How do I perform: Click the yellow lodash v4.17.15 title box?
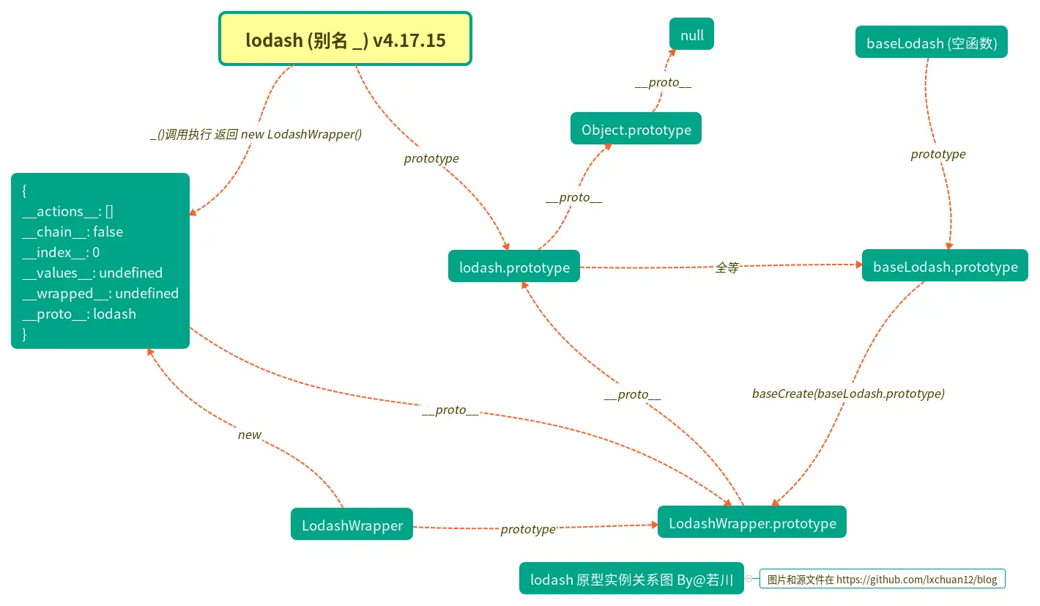tap(345, 40)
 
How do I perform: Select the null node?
tap(691, 35)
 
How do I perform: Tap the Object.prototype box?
tap(636, 130)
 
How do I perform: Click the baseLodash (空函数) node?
tap(931, 43)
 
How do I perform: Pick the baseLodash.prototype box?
tap(945, 267)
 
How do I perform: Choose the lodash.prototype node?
tap(514, 267)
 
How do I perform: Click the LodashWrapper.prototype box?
tap(751, 523)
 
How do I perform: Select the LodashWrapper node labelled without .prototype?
tap(352, 525)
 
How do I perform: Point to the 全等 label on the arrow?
tap(727, 267)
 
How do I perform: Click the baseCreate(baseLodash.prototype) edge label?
tap(848, 393)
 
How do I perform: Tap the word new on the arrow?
tap(249, 435)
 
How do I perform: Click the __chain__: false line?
tap(73, 232)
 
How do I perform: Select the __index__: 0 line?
tap(61, 252)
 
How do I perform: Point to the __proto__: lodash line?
tap(79, 314)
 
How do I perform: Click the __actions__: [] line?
tap(67, 211)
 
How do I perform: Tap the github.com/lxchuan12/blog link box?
tap(882, 579)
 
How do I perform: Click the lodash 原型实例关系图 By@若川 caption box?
tap(631, 580)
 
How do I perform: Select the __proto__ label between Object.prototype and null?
tap(663, 83)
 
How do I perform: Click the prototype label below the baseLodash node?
tap(938, 154)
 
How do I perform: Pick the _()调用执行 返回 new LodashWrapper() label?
tap(256, 134)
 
